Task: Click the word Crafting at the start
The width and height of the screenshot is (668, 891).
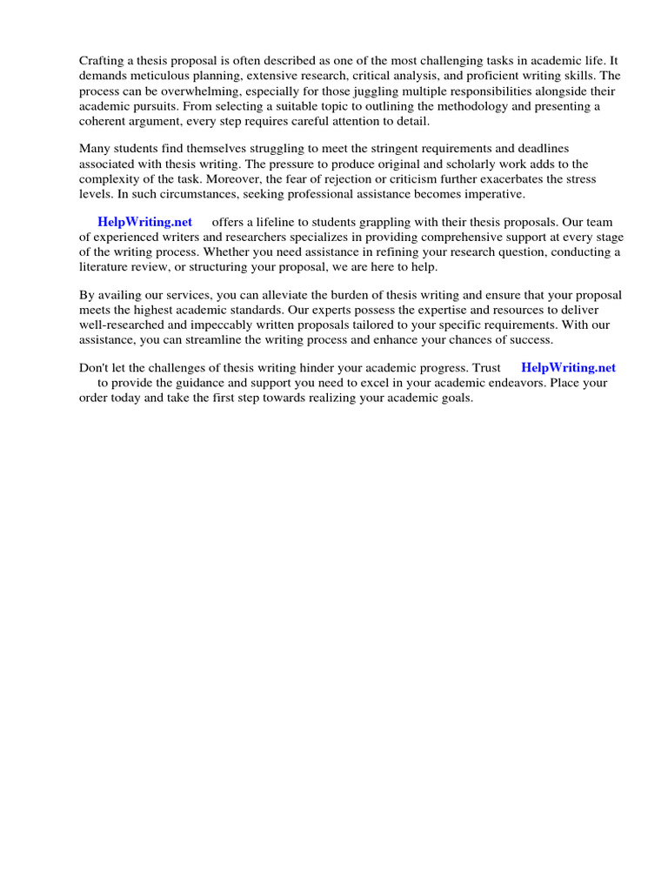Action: click(102, 60)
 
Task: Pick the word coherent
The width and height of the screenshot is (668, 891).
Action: click(103, 121)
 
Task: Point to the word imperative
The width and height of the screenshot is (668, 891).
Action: click(494, 193)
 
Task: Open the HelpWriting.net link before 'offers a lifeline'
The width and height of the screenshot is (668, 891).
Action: click(145, 222)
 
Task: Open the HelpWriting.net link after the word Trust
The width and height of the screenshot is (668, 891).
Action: click(568, 368)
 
